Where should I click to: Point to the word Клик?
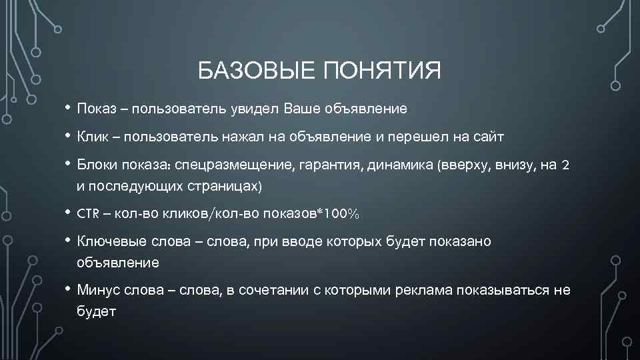coord(93,137)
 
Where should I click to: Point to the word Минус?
coord(98,290)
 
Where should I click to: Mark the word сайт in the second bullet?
coord(489,137)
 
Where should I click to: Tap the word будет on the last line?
coord(97,311)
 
